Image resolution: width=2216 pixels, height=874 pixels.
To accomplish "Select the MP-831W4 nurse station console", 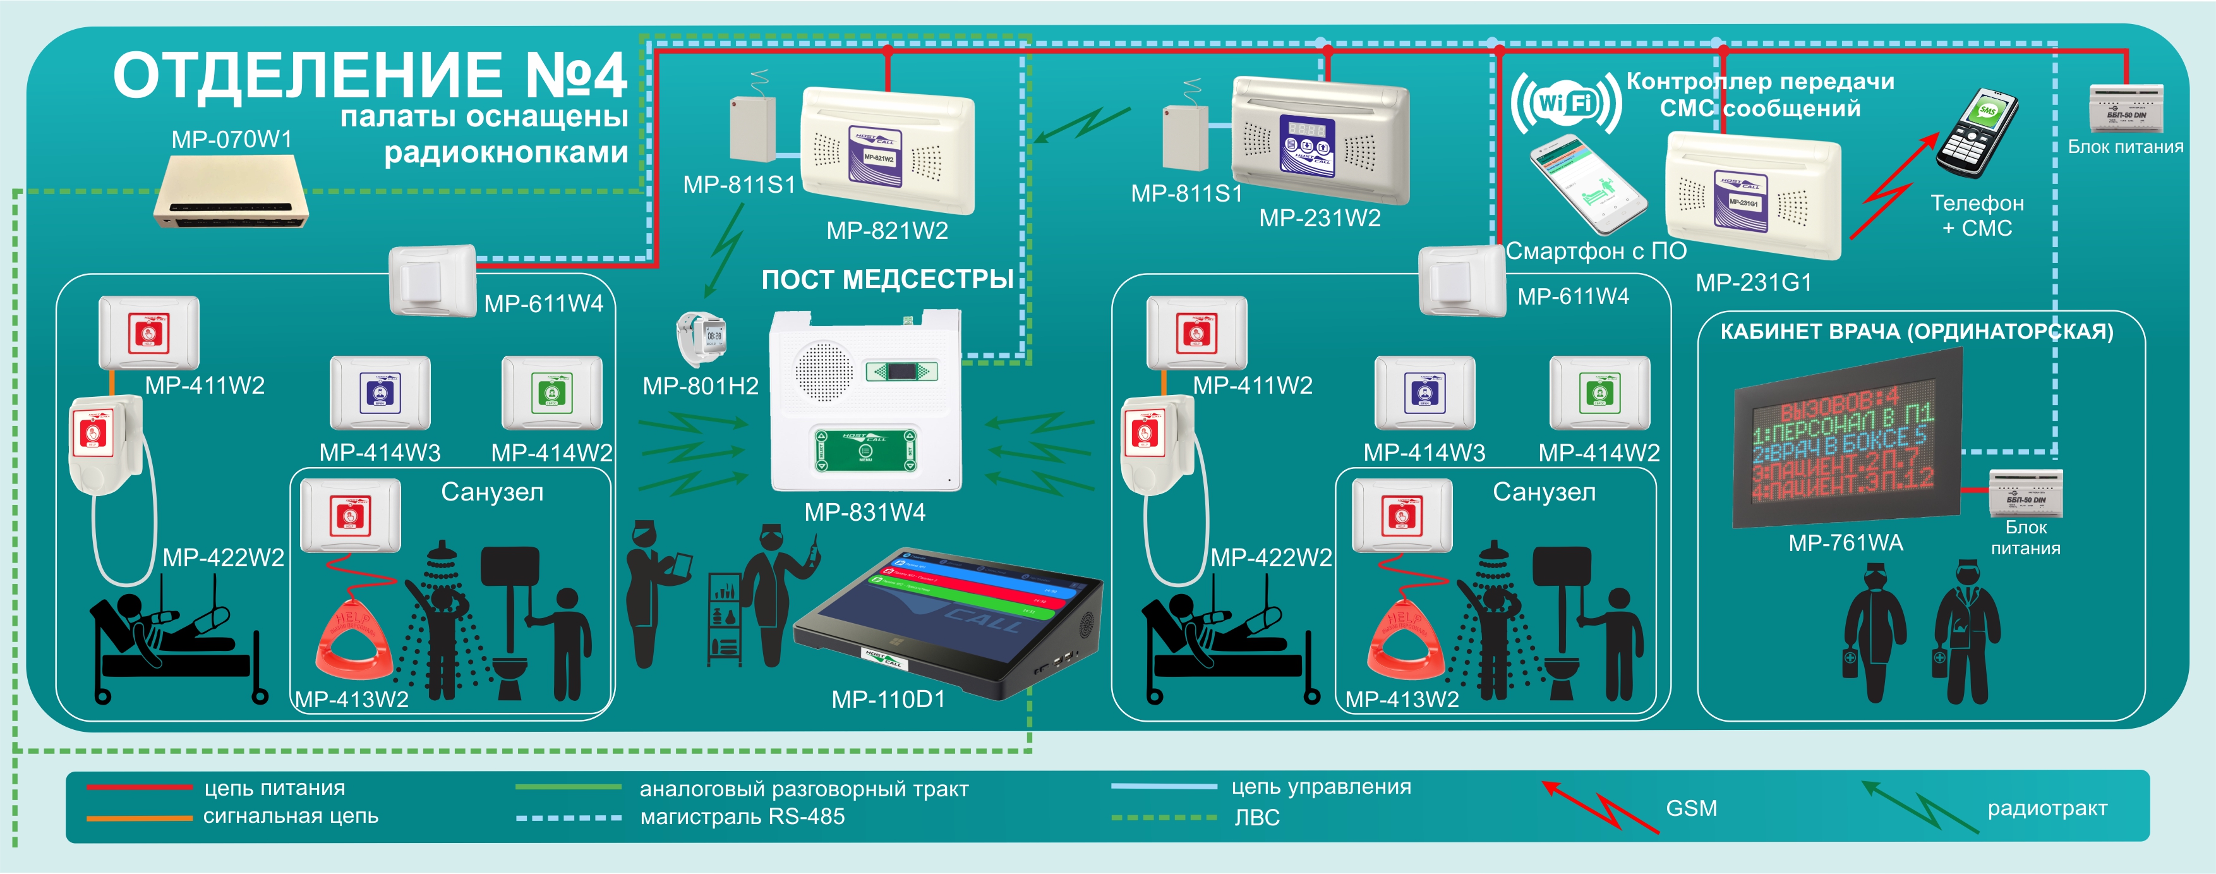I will pos(865,401).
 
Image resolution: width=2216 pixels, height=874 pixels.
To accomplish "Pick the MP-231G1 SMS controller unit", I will pos(1753,196).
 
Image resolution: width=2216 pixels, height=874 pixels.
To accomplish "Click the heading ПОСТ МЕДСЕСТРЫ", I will pos(887,279).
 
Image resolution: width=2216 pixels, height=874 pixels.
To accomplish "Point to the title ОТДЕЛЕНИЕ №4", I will pos(370,76).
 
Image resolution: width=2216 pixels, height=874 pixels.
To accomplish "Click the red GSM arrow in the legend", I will pos(1599,806).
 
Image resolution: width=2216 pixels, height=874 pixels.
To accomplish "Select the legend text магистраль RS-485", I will pos(742,817).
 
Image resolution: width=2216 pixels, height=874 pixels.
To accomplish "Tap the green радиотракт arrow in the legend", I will pos(1920,806).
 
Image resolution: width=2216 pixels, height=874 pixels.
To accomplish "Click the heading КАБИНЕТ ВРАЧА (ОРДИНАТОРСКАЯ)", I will pos(1916,332).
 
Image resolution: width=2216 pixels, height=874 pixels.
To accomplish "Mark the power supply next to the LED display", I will pos(2025,492).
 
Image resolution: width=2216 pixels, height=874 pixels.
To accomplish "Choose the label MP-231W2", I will pos(1320,219).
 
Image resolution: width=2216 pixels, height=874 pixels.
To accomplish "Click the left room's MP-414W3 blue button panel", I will pos(380,392).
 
